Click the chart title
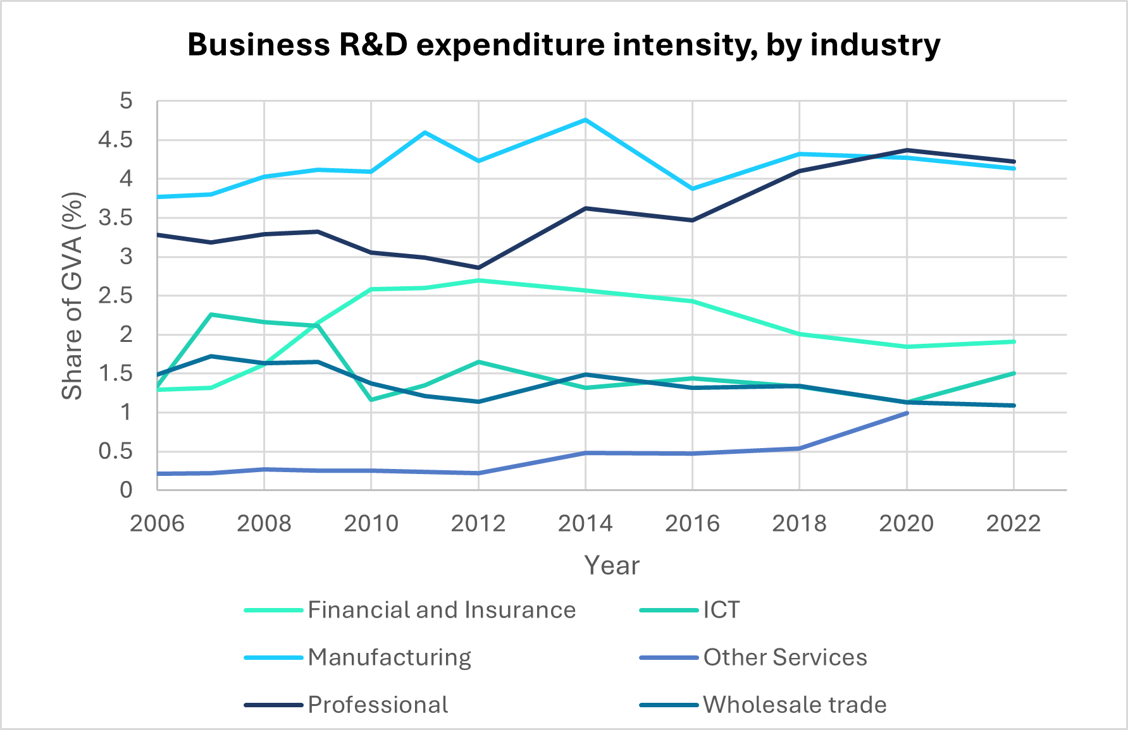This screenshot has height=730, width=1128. coord(564,46)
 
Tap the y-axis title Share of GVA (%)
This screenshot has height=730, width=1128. coord(73,296)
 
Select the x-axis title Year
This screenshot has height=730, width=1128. coord(611,565)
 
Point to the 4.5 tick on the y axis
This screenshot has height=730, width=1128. coord(115,140)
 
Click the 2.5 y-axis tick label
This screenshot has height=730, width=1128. coord(115,296)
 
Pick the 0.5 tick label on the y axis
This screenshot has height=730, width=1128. coord(115,451)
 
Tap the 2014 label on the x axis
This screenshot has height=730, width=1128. coord(585,523)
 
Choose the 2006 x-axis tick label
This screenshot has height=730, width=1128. coord(157,523)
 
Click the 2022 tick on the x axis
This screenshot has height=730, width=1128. coord(1013,523)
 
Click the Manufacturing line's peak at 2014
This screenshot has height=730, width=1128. coord(586,119)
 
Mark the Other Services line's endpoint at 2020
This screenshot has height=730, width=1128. coord(907,413)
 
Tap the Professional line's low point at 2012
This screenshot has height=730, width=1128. coord(478,267)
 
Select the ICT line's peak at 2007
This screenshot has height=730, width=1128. coord(211,314)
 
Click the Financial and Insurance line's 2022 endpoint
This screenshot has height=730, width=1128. coord(1013,341)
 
